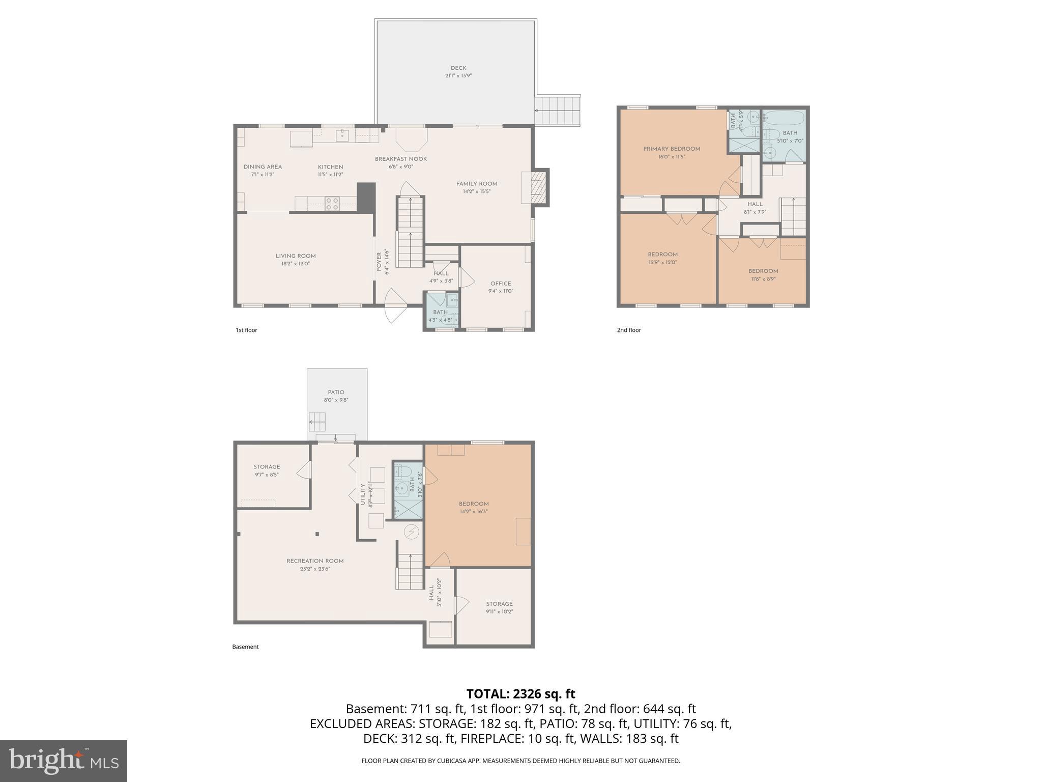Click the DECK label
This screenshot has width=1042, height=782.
[x=458, y=68]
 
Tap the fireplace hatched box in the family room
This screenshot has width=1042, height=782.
[x=537, y=188]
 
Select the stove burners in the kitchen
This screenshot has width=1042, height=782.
[x=332, y=204]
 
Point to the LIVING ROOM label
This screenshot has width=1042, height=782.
[x=296, y=256]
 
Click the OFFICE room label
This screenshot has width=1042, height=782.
[x=501, y=284]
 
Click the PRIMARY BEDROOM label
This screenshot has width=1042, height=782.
[x=672, y=149]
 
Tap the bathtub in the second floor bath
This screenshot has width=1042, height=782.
[x=784, y=119]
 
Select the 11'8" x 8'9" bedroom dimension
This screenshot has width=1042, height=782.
[x=763, y=279]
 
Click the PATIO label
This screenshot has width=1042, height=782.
[x=336, y=392]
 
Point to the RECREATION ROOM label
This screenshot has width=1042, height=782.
[x=315, y=561]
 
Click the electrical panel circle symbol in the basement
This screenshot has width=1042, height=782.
[x=412, y=533]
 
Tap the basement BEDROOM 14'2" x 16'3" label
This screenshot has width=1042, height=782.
[x=474, y=504]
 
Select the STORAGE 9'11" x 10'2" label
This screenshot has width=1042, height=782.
[x=499, y=604]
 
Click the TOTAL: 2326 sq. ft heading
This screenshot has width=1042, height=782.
[x=520, y=694]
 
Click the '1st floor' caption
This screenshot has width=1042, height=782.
[x=246, y=330]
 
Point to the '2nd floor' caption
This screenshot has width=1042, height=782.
[x=629, y=330]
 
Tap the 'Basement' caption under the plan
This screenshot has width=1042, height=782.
[x=245, y=647]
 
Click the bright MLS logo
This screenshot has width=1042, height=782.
[x=63, y=761]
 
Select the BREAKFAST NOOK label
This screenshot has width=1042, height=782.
[x=401, y=159]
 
